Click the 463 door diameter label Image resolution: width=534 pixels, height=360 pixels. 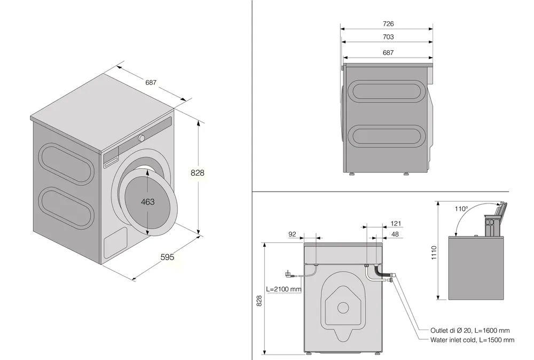(148, 201)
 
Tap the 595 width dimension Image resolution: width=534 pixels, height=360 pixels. (168, 257)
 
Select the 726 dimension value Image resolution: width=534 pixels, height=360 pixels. (388, 24)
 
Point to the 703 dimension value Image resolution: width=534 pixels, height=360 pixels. (388, 37)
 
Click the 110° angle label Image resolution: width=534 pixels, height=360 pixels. (461, 209)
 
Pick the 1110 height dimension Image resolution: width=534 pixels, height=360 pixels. (433, 252)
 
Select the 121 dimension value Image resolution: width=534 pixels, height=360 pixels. (396, 224)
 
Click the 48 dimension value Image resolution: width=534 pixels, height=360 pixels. (396, 233)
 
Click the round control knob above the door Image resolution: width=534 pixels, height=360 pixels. (141, 138)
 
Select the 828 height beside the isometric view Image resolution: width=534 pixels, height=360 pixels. (198, 173)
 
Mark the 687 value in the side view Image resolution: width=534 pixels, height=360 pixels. (388, 52)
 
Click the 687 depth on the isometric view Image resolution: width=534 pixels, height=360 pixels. (151, 82)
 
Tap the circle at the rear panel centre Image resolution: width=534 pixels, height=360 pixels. (342, 308)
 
